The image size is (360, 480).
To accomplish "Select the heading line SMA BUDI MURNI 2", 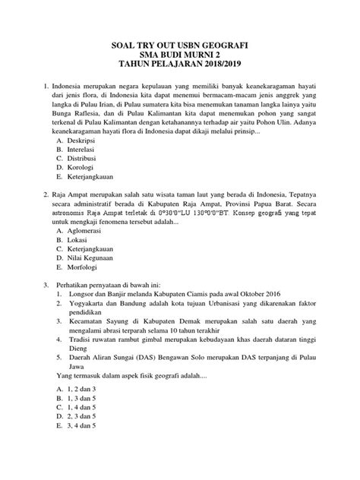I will [x=180, y=57].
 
